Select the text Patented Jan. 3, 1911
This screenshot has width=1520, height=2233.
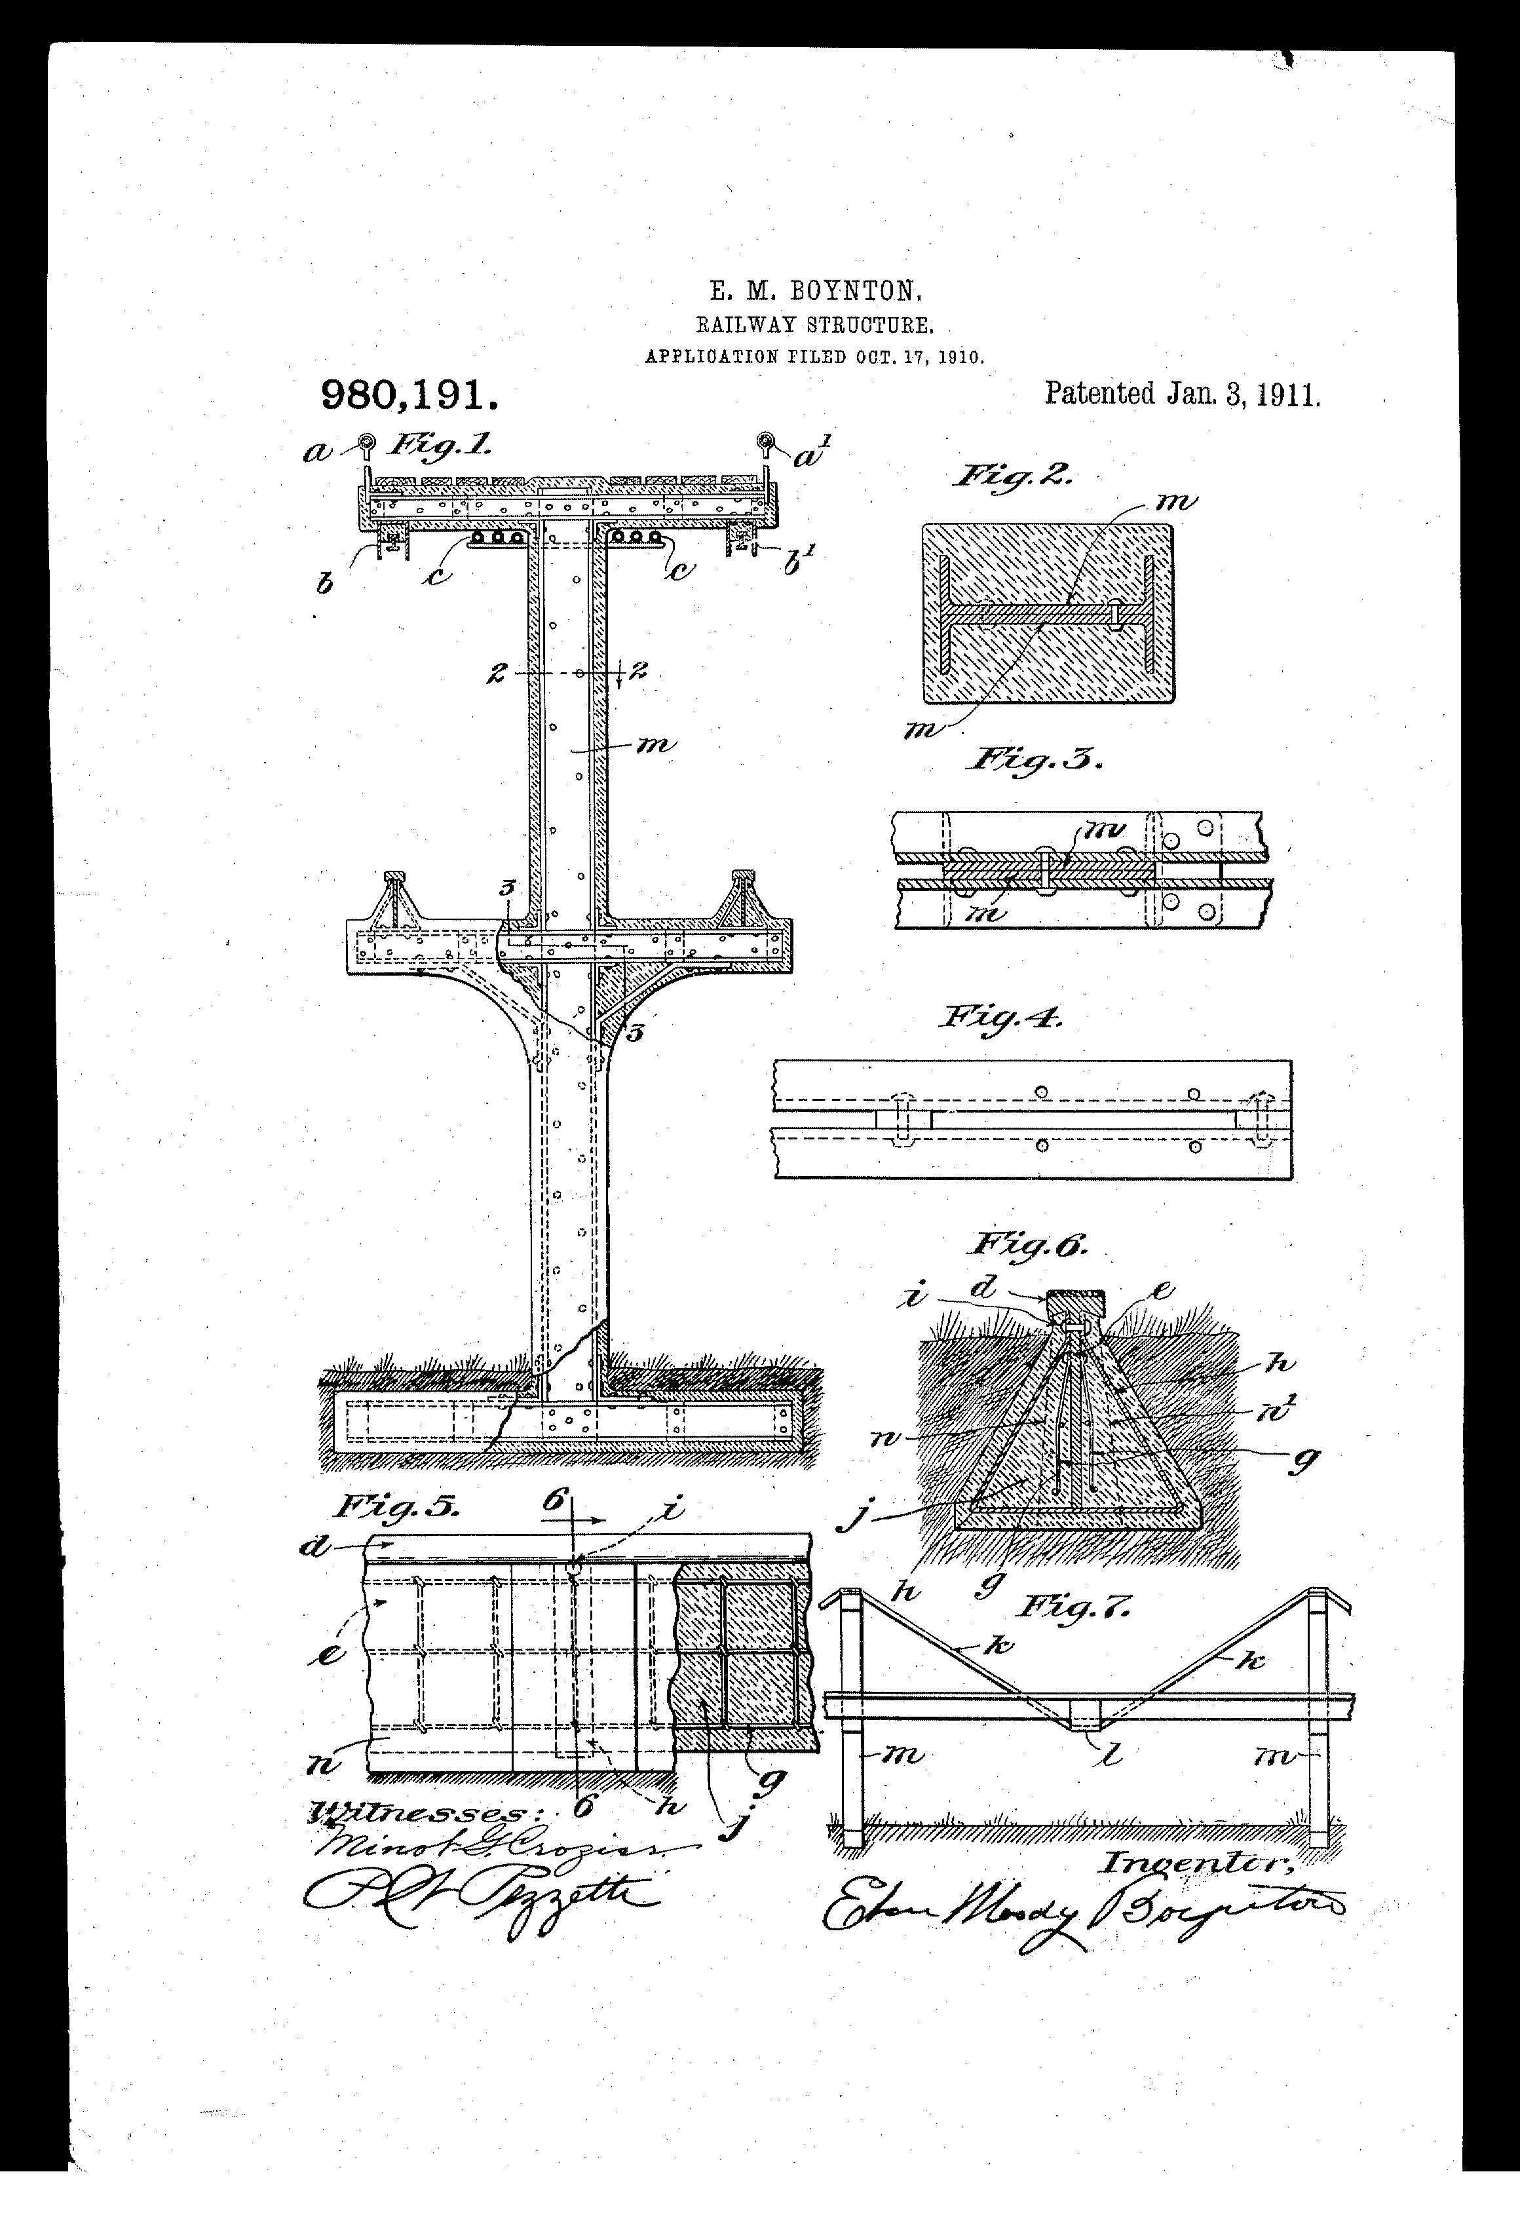pyautogui.click(x=1182, y=394)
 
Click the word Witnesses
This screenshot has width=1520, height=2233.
pyautogui.click(x=416, y=1811)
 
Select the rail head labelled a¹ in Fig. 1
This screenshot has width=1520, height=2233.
pyautogui.click(x=766, y=442)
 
